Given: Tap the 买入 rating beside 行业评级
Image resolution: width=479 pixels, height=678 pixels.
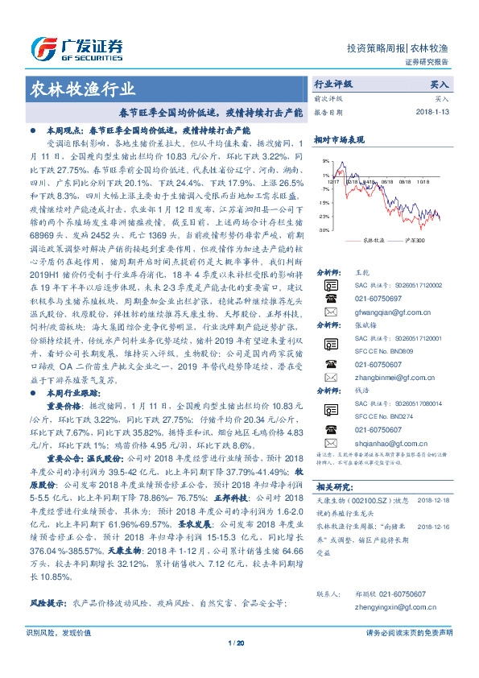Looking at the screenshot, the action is (x=439, y=83).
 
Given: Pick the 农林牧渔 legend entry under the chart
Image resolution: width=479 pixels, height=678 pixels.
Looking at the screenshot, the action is (x=371, y=240).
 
